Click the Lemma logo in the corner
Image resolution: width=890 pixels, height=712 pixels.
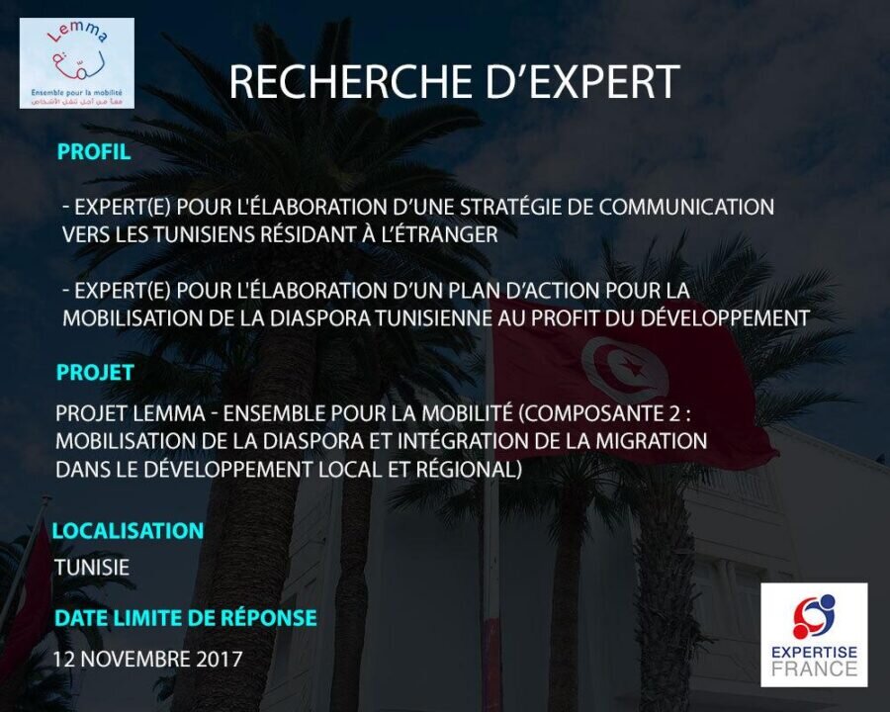click(76, 63)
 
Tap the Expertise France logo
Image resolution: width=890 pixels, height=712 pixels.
click(814, 635)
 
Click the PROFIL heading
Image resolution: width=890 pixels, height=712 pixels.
click(94, 151)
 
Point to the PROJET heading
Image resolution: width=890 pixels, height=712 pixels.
click(95, 373)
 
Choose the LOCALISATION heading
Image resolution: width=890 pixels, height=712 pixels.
click(128, 531)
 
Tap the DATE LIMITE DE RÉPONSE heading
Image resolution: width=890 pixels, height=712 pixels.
click(186, 618)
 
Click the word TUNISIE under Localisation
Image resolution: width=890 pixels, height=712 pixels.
click(92, 568)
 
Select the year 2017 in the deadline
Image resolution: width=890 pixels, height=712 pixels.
click(220, 660)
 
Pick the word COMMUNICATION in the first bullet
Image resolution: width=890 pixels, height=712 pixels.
click(686, 207)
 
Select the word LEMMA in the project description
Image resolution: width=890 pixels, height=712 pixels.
click(168, 413)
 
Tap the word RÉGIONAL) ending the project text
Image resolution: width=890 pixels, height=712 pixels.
click(469, 469)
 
